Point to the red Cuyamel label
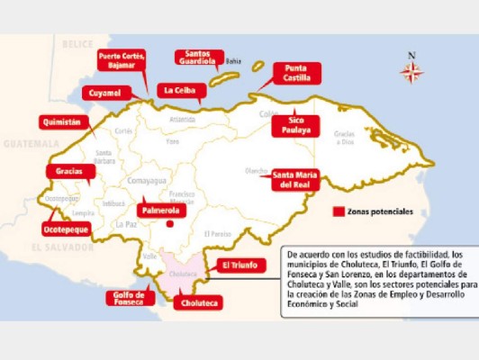click(x=108, y=93)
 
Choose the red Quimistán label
click(x=65, y=121)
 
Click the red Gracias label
click(x=69, y=170)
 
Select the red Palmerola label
click(x=160, y=210)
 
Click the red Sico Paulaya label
click(x=300, y=124)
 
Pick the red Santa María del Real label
click(x=294, y=180)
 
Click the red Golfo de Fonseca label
click(x=129, y=299)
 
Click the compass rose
click(x=411, y=70)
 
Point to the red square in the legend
click(x=339, y=212)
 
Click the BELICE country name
click(x=77, y=43)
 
